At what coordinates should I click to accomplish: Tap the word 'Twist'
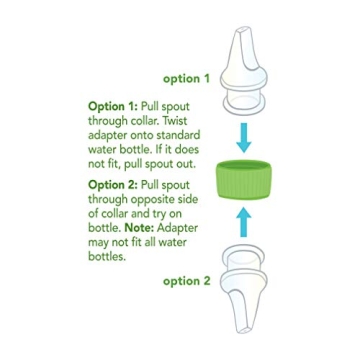tap(176, 120)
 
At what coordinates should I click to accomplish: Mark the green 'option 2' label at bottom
tap(188, 282)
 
